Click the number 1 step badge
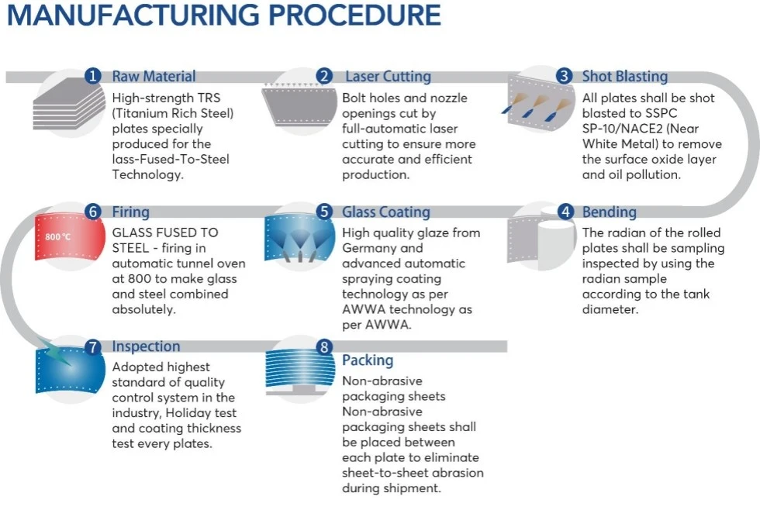point(92,76)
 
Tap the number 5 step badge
point(324,212)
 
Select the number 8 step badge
point(324,346)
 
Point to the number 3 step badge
point(564,76)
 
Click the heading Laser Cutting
point(388,77)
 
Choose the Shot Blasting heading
point(625,77)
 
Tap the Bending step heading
point(610,212)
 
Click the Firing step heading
point(131,212)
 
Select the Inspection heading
point(146,346)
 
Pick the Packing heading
point(368,360)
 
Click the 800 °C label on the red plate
point(57,237)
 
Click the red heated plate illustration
point(70,237)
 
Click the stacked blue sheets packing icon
point(301,370)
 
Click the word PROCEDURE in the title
point(354,15)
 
